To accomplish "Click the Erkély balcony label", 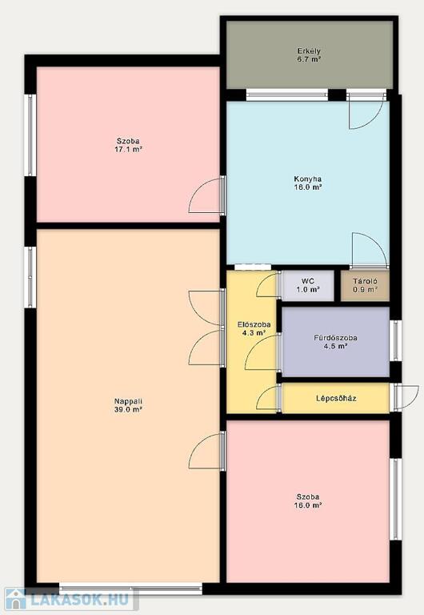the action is pyautogui.click(x=309, y=51).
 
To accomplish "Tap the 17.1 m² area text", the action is pyautogui.click(x=128, y=150).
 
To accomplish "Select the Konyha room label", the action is pyautogui.click(x=308, y=179).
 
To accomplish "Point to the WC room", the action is pyautogui.click(x=308, y=286).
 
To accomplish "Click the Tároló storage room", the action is pyautogui.click(x=365, y=286).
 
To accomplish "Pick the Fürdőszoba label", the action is pyautogui.click(x=335, y=338).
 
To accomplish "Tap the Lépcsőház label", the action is pyautogui.click(x=336, y=399).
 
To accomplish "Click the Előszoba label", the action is pyautogui.click(x=254, y=325).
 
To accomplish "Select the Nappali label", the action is pyautogui.click(x=128, y=401).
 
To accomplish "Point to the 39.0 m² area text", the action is pyautogui.click(x=128, y=409).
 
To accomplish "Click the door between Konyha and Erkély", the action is pyautogui.click(x=366, y=112).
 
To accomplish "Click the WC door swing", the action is pyautogui.click(x=267, y=285).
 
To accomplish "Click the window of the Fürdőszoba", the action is pyautogui.click(x=396, y=340).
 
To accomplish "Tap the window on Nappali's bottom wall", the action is pyautogui.click(x=131, y=587).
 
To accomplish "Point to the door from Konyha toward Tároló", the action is pyautogui.click(x=369, y=250).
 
